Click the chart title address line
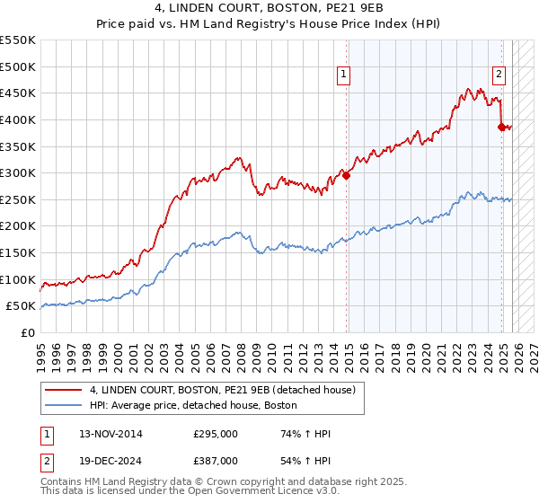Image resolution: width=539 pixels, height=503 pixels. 269,9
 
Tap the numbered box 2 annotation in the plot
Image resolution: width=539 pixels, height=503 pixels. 499,75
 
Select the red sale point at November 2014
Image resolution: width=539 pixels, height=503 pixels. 347,175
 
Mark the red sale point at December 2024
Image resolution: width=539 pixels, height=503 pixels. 502,127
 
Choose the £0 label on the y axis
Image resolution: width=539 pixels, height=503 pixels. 28,332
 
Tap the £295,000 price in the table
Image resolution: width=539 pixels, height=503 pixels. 216,434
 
